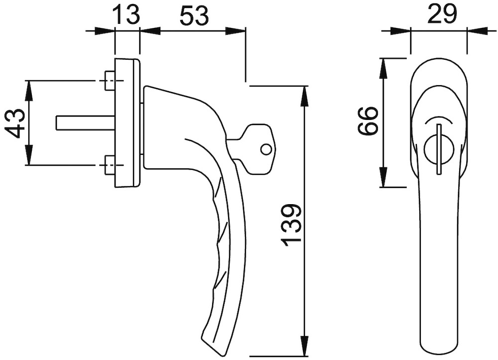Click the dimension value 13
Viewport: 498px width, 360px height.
126,15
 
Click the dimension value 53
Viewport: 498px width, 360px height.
194,16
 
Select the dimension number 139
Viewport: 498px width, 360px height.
291,226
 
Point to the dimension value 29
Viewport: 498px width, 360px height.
442,14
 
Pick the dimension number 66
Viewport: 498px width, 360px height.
368,121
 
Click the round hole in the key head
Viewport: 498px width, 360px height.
266,149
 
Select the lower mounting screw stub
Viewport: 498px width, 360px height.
109,165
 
